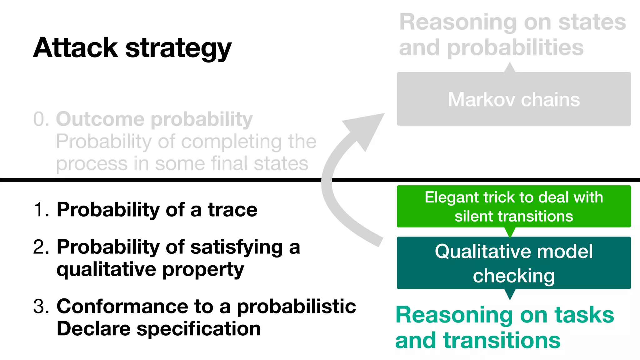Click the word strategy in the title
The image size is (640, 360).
(178, 49)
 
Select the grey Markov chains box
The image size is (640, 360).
(514, 99)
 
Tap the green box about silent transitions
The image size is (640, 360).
(514, 207)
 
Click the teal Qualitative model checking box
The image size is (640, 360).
(514, 263)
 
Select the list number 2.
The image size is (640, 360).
(40, 247)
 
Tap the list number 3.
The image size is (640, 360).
(40, 307)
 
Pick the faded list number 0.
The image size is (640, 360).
(40, 120)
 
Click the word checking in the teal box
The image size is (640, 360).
(514, 276)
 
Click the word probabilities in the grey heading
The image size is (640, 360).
(515, 48)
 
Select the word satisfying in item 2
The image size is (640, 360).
(237, 247)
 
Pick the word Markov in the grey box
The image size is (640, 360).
(481, 100)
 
